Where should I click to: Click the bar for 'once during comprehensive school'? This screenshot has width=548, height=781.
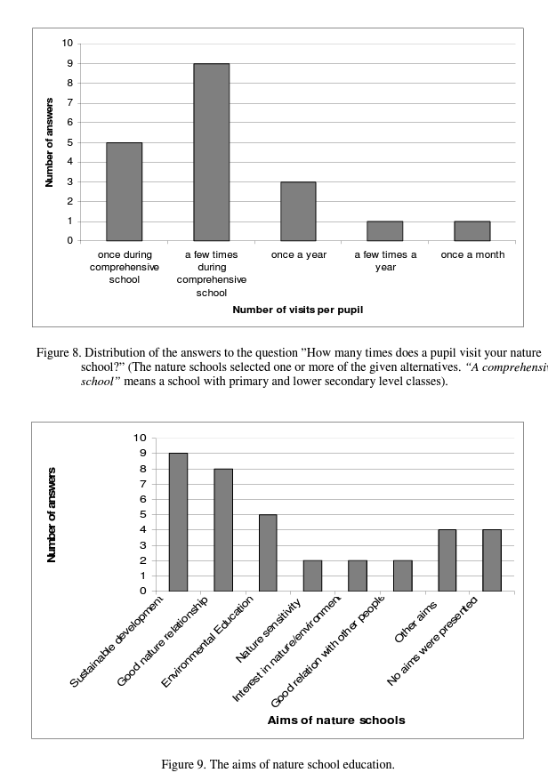click(x=124, y=191)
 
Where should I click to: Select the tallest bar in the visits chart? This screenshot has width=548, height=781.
click(x=211, y=152)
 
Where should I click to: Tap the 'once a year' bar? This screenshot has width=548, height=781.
click(x=298, y=211)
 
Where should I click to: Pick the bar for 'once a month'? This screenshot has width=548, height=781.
click(x=471, y=230)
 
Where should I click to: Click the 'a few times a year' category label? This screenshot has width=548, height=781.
click(x=385, y=261)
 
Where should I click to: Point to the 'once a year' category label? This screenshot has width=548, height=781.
click(x=298, y=254)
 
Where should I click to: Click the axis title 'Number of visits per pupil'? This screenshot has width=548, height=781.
click(x=297, y=310)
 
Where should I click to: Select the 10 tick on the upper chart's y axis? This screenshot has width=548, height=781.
click(x=68, y=44)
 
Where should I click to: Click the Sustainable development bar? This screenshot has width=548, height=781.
click(x=178, y=522)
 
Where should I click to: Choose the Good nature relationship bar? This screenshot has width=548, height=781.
click(x=222, y=529)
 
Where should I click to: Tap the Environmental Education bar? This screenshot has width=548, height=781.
click(x=268, y=552)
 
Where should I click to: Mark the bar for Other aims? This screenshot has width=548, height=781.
click(x=447, y=560)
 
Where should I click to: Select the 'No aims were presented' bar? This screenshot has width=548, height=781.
click(x=492, y=560)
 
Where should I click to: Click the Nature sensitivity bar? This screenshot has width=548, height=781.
click(x=312, y=576)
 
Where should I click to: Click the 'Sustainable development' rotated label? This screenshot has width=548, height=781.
click(x=117, y=642)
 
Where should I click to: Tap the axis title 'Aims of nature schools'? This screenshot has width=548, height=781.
click(x=336, y=720)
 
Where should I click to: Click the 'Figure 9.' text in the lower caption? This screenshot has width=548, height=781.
click(x=185, y=764)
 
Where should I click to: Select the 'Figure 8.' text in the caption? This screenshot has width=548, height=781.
click(x=59, y=353)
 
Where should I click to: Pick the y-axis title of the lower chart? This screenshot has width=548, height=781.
click(x=52, y=514)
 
